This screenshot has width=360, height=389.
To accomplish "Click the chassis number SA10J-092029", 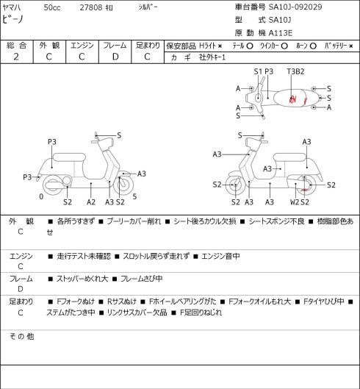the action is [295, 7].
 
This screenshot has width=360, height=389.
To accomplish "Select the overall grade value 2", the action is [16, 57].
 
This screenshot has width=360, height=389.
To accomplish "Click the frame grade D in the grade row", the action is [115, 57].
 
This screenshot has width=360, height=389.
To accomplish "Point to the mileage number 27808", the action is [91, 7].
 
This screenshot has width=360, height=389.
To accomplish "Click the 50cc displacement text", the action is [52, 7].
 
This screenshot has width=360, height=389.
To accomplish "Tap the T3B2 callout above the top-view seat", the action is [295, 71].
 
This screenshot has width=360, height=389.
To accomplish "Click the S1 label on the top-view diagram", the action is [258, 71].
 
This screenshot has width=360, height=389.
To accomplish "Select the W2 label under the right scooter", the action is [295, 202].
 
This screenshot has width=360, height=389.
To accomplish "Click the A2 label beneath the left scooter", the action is [91, 202].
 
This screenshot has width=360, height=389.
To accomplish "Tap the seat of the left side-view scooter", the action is [69, 158].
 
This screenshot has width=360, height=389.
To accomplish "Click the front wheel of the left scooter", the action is [123, 185].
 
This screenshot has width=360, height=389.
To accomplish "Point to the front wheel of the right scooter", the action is [235, 185].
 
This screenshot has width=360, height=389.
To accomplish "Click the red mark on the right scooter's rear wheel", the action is [304, 190].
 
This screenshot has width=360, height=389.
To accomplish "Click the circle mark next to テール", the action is [250, 46].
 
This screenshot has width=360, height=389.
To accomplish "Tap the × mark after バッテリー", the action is [350, 46].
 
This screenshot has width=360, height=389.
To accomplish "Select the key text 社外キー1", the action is [212, 57].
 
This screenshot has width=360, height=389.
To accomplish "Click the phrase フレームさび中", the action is [141, 279].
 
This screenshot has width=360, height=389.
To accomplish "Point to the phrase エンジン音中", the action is [220, 256].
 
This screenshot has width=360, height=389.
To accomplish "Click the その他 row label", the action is [21, 336].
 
